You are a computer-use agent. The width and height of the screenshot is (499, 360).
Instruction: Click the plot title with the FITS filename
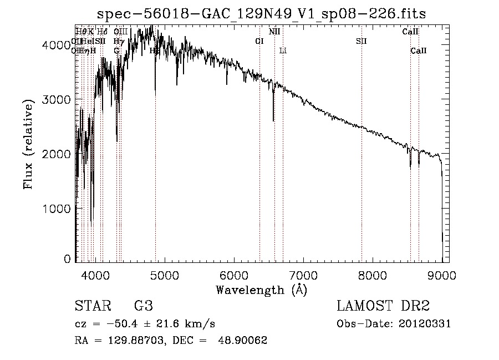261,14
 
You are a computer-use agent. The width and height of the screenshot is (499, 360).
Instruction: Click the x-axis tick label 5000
164,273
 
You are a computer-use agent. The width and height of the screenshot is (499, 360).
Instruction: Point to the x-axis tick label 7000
303,273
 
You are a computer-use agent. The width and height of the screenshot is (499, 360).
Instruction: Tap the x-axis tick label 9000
442,273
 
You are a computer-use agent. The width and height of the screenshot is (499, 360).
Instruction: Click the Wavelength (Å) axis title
261,290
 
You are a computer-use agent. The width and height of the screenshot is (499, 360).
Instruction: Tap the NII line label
274,32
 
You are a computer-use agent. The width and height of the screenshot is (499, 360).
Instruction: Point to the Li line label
283,51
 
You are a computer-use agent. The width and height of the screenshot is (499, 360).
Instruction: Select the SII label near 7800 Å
361,41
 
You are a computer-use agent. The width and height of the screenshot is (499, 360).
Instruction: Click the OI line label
259,41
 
